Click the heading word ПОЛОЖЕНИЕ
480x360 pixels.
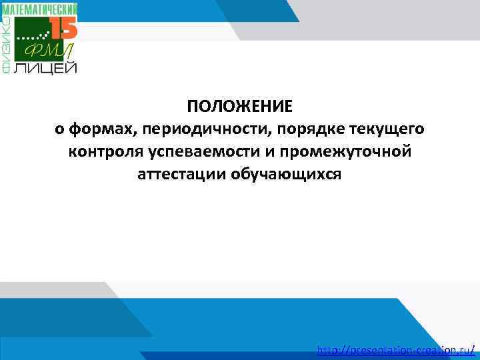(239, 107)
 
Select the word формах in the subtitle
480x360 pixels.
(100, 129)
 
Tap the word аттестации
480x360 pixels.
(181, 175)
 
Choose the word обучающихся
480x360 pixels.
(286, 175)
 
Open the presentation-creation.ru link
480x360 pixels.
(396, 349)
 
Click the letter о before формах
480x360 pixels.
(59, 129)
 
